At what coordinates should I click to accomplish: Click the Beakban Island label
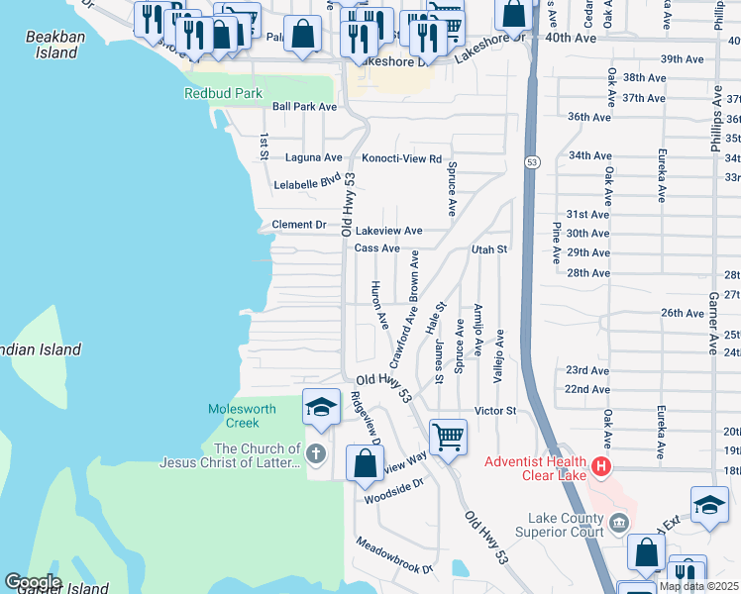51,45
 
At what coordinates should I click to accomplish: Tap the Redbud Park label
223,94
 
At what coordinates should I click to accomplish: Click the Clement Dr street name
299,225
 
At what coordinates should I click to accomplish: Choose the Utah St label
489,249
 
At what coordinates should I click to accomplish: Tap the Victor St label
495,410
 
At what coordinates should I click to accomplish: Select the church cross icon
316,455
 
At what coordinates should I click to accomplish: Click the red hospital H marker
600,465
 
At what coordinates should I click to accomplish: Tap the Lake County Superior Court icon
619,522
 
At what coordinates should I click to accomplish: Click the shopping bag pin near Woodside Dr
365,462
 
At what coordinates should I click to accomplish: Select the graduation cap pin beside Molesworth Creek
321,407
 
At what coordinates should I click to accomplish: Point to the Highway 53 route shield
532,161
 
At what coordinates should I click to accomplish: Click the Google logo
32,582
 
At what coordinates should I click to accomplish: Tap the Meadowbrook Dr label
395,555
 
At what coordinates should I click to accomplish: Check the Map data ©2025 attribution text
697,587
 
